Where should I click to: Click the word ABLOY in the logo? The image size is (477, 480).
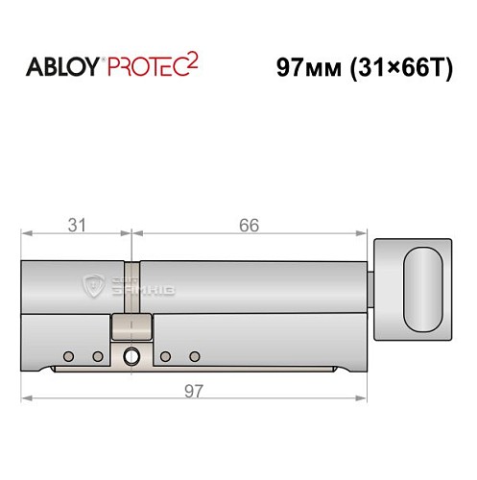60,66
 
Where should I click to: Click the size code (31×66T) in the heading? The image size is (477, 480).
397,67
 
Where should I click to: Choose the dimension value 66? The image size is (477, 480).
250,226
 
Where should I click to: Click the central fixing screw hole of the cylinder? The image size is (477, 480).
131,358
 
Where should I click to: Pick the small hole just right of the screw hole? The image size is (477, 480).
165,357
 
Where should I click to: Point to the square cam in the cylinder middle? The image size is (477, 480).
131,327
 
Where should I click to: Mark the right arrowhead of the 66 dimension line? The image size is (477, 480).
364,235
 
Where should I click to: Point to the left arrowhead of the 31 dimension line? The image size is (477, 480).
27,235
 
